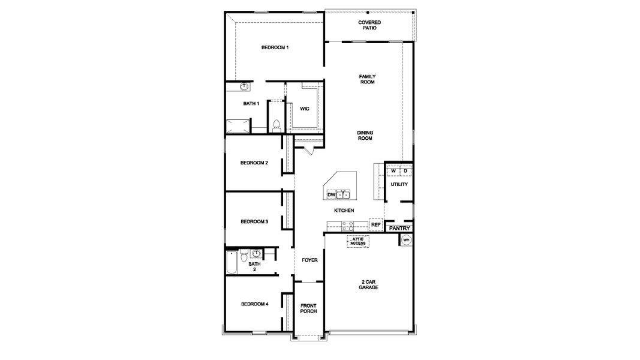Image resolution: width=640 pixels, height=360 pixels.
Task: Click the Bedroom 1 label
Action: [x=275, y=47]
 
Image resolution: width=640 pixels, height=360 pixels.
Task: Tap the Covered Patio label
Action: [x=369, y=25]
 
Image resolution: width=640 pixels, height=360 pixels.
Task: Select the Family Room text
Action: [x=366, y=79]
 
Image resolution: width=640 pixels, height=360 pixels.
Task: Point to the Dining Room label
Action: [x=365, y=136]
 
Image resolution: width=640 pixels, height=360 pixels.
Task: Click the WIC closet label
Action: [x=304, y=109]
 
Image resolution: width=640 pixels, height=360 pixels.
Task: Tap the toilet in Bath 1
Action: [x=277, y=126]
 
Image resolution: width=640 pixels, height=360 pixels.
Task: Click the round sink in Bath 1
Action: [x=244, y=87]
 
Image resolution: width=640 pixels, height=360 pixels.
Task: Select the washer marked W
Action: [x=393, y=171]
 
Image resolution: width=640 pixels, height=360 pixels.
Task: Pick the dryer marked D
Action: [x=405, y=171]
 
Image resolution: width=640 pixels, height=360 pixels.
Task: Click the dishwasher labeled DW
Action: [x=330, y=195]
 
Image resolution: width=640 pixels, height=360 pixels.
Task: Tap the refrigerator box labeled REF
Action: [x=376, y=224]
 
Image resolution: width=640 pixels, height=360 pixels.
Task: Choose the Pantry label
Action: [x=399, y=229]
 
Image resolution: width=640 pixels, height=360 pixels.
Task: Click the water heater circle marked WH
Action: [x=406, y=240]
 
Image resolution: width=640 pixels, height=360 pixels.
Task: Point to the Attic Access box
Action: [x=358, y=241]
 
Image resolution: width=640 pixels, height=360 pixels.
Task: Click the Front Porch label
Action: [x=308, y=308]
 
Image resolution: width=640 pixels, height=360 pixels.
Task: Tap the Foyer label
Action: [x=310, y=260]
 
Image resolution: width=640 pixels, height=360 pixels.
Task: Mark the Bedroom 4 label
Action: [x=254, y=304]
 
